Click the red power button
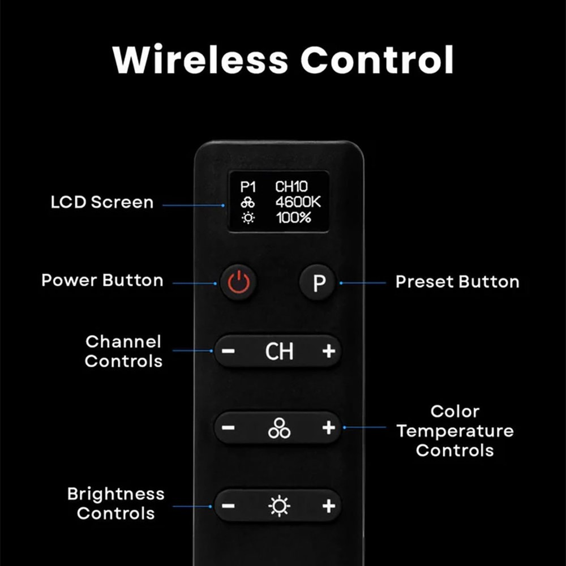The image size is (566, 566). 239,282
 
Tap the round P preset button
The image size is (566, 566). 318,282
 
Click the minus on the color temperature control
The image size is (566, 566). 228,428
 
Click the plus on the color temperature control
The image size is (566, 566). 329,427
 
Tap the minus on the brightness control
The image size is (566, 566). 228,505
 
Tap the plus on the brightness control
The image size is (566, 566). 329,505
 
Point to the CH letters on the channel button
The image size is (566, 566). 279,351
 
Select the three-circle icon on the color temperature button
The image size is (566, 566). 279,428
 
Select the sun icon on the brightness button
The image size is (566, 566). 279,506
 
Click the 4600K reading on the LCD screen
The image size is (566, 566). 298,202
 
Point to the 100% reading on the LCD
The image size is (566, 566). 293,218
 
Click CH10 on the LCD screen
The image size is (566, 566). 291,187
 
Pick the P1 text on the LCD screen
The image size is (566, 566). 248,187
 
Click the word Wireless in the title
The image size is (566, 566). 200,59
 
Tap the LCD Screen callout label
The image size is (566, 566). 102,202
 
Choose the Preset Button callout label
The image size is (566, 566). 457,281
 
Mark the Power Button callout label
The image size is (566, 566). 102,281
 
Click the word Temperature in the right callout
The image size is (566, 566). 455,431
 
